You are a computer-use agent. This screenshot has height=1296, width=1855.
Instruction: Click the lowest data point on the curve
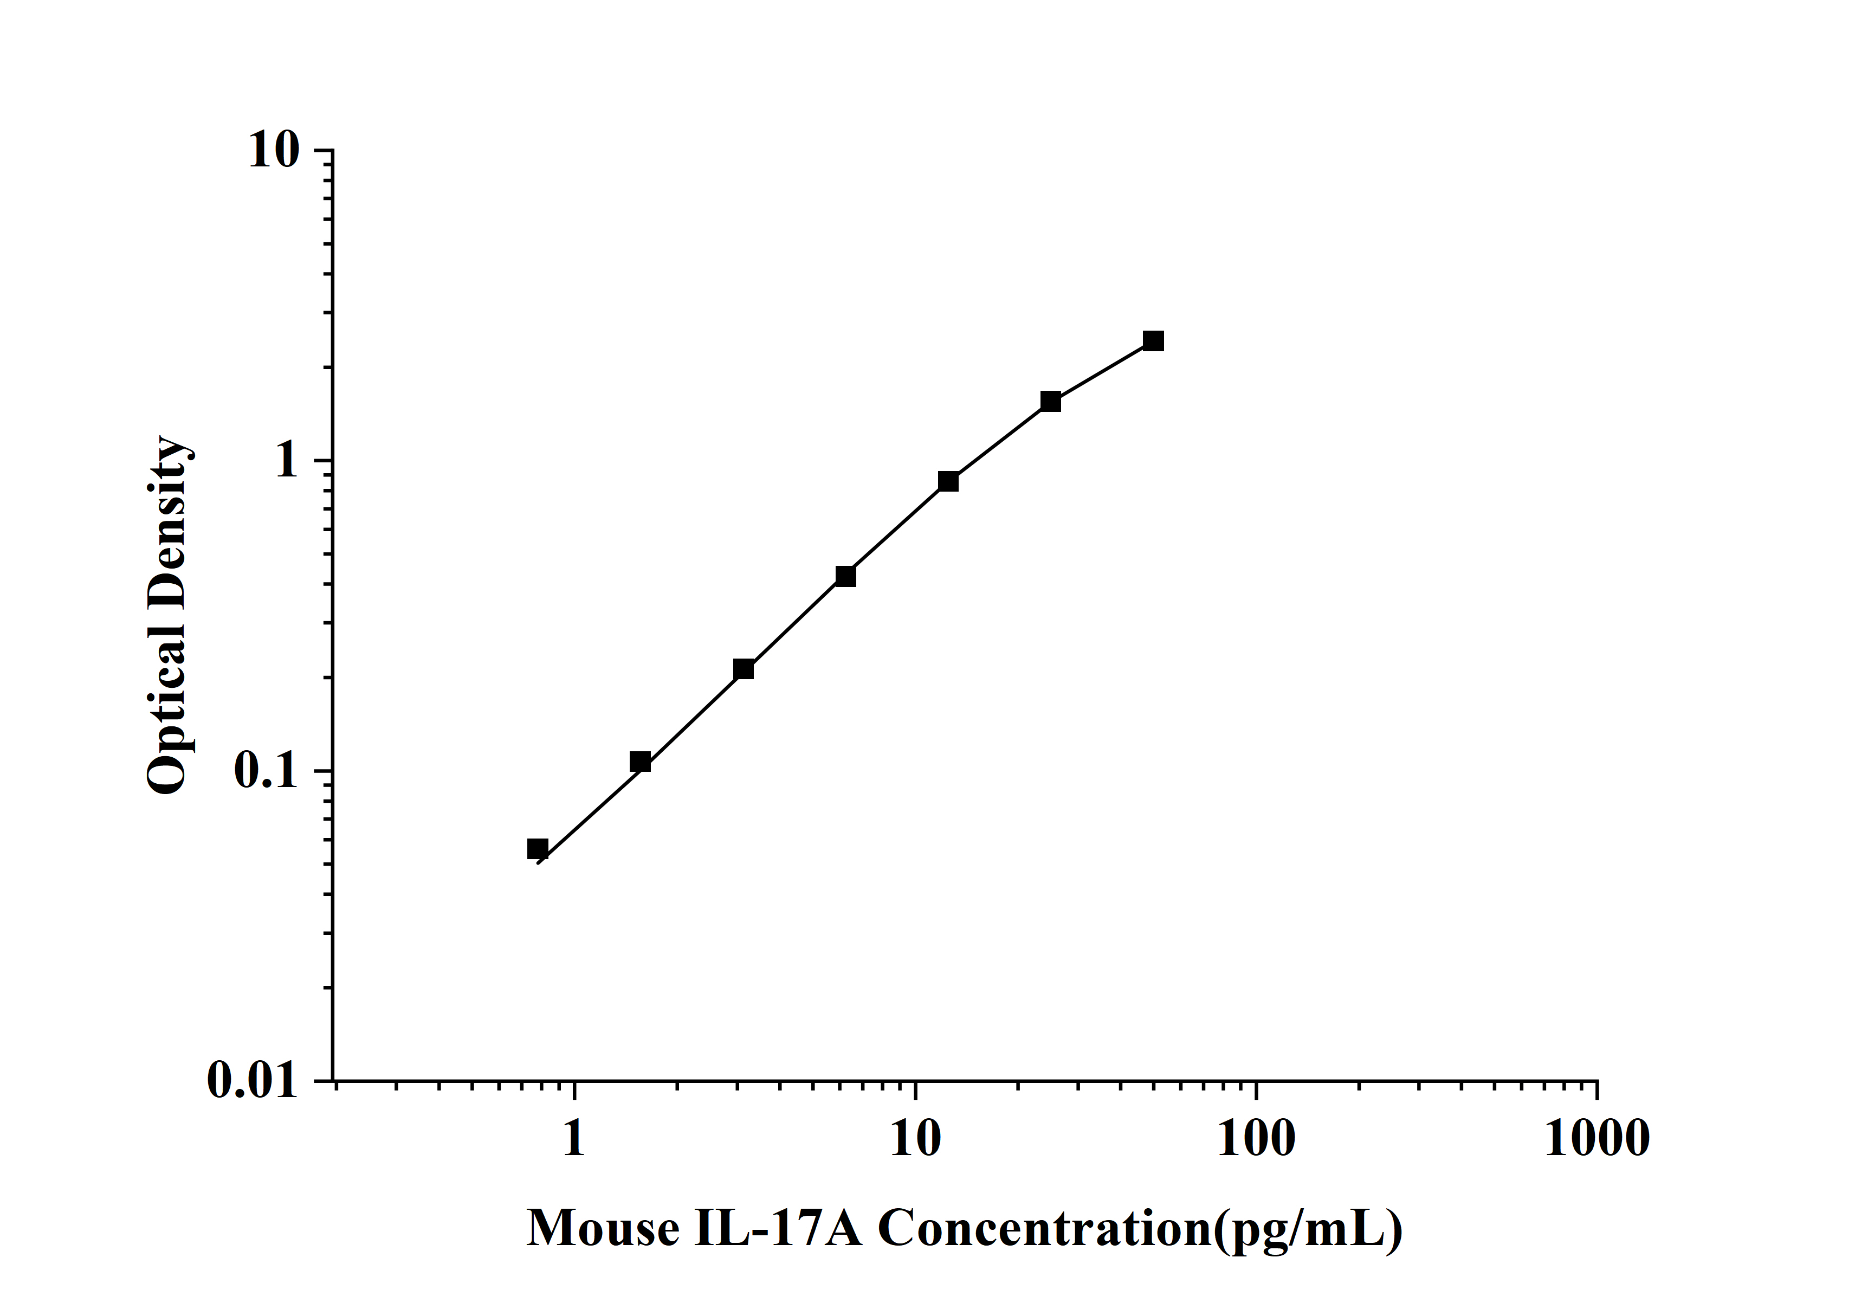point(537,848)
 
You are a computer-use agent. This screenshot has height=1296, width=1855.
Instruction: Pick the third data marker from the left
point(744,669)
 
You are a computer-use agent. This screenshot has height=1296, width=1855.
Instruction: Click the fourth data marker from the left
point(845,576)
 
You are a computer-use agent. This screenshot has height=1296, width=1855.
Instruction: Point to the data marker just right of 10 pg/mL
point(948,481)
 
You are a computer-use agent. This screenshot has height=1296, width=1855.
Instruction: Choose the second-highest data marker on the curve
point(1050,402)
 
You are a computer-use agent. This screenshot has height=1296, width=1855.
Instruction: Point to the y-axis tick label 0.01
point(253,1080)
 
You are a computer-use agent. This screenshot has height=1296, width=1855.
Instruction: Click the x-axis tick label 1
point(574,1139)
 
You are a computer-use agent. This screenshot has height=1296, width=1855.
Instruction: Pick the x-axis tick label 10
point(915,1139)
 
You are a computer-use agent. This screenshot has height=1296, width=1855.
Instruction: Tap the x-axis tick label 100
point(1256,1139)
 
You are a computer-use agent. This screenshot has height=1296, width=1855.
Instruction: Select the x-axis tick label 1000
point(1597,1139)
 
